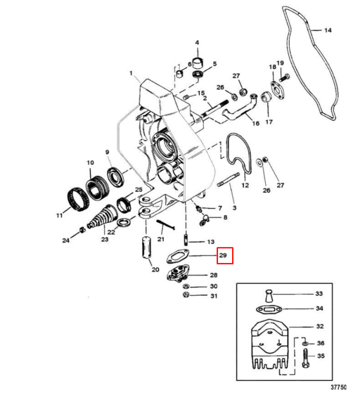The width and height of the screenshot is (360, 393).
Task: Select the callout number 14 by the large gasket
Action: click(x=328, y=30)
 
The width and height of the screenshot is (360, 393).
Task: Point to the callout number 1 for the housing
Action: click(x=132, y=74)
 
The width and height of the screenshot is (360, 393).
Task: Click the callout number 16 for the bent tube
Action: click(x=256, y=124)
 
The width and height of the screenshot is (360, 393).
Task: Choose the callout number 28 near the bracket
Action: click(x=214, y=275)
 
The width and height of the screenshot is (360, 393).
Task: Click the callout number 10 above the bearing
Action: click(x=90, y=162)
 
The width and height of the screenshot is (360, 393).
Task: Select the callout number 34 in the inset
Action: click(x=319, y=309)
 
